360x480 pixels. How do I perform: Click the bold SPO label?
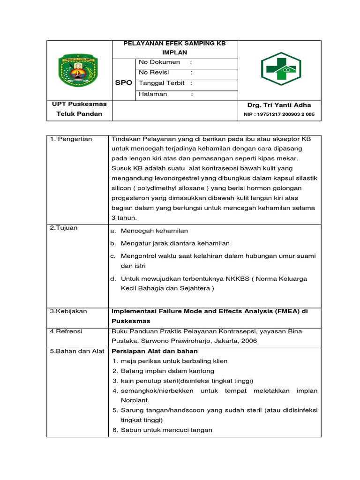coord(124,82)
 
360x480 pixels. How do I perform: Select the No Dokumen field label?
coord(159,62)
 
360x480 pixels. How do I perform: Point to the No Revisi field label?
coord(154,72)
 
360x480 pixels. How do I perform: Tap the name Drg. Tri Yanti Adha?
coord(279,105)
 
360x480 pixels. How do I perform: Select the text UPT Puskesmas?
coord(79,104)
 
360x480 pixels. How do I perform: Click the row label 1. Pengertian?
coord(71,139)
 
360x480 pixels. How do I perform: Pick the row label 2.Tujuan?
coord(64,228)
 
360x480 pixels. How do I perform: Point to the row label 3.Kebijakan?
coord(68,311)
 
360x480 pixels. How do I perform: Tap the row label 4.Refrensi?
coord(66,331)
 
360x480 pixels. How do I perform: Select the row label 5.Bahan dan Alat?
coord(77,351)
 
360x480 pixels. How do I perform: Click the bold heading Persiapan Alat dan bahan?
coord(155,351)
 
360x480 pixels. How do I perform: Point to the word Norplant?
coord(135,400)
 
